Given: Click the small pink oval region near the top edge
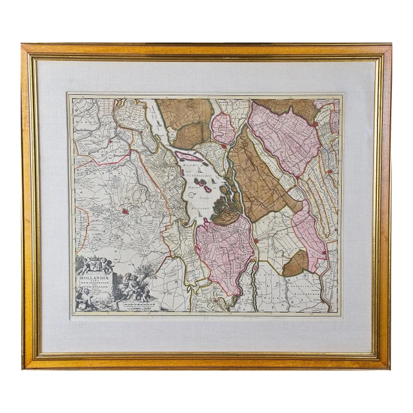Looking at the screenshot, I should (223, 128).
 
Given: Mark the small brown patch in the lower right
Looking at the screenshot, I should (296, 263).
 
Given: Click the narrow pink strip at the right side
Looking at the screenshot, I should (308, 236).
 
